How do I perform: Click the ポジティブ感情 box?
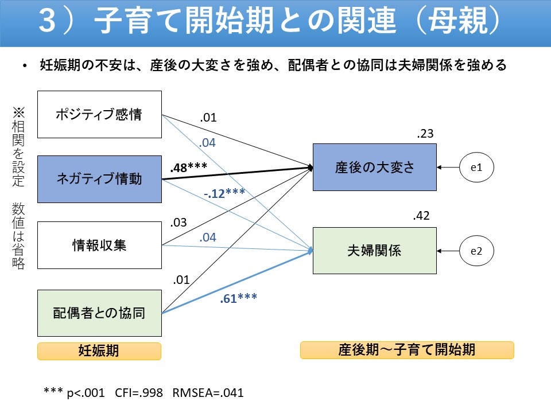(x=99, y=114)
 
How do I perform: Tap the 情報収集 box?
(x=99, y=246)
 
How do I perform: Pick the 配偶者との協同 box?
(x=99, y=313)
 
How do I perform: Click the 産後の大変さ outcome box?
(x=374, y=167)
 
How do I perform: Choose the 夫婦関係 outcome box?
(x=374, y=250)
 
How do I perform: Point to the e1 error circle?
(x=476, y=167)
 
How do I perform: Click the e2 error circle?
(x=476, y=251)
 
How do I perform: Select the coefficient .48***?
(x=188, y=167)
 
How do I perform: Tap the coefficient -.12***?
(x=224, y=193)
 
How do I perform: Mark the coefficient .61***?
(x=238, y=298)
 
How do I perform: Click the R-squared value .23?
(x=425, y=134)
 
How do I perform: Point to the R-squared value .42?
(x=421, y=216)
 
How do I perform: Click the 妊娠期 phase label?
(x=99, y=350)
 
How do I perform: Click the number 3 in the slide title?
(x=48, y=22)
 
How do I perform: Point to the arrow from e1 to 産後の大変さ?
(x=448, y=167)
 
